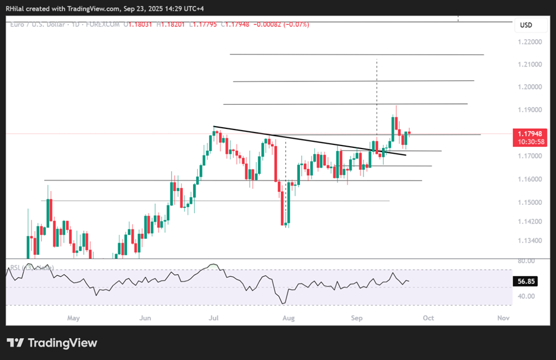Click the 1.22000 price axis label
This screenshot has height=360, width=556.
(529, 42)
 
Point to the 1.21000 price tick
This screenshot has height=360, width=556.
(529, 64)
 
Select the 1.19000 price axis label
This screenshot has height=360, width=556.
(529, 110)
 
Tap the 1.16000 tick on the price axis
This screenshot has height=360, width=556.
(529, 179)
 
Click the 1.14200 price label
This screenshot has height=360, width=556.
(529, 222)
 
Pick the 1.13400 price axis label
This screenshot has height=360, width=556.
(529, 241)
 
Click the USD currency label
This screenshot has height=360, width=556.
(526, 25)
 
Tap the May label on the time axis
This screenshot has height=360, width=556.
(73, 318)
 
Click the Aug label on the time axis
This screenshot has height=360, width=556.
(288, 318)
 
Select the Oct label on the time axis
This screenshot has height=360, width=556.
(428, 318)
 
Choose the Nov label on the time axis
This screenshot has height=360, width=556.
(503, 318)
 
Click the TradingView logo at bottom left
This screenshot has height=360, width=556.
(52, 343)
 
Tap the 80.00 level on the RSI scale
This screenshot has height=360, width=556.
(526, 261)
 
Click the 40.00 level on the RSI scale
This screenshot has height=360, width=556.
(526, 296)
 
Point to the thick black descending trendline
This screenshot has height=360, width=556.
(309, 141)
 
